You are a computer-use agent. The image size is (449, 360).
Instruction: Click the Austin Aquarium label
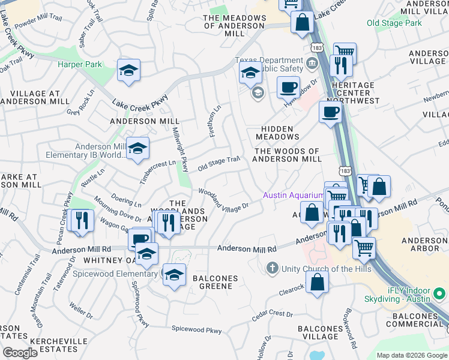[x=293, y=196]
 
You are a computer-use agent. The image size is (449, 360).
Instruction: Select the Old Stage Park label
[x=394, y=23]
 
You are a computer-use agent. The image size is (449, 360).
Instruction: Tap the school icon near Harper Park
[x=129, y=71]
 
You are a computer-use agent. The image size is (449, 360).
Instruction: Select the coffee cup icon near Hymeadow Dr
[x=288, y=87]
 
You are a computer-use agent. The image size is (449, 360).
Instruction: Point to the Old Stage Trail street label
[x=218, y=162]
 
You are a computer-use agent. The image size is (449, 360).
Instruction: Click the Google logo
[x=20, y=353]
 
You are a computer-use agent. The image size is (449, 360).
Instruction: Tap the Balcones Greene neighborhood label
[x=215, y=282]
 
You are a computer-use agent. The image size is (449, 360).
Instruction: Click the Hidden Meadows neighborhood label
[x=277, y=133]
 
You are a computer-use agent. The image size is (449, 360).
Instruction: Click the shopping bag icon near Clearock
[x=317, y=281]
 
